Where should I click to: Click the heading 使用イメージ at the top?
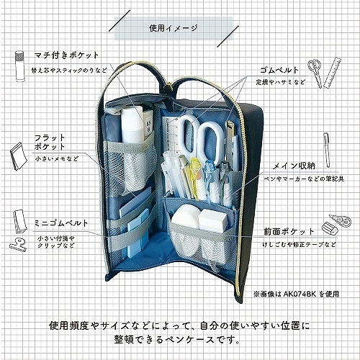[x=174, y=28]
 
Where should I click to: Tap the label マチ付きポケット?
[x=67, y=55]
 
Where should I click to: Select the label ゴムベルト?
[x=279, y=70]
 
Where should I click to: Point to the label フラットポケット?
[x=50, y=142]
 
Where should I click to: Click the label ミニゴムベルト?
[x=61, y=223]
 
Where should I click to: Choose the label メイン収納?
[x=294, y=166]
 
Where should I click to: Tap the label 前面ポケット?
[x=289, y=231]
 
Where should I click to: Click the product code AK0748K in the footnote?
[x=300, y=294]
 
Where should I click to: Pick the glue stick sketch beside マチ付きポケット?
[x=19, y=66]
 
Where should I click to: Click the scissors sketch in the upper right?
[x=315, y=72]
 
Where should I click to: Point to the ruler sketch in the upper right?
[x=333, y=72]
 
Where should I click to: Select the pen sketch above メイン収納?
[x=326, y=149]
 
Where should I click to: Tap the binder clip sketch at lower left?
[x=18, y=243]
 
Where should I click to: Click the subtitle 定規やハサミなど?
[x=281, y=82]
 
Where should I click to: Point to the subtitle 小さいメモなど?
[x=57, y=159]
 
